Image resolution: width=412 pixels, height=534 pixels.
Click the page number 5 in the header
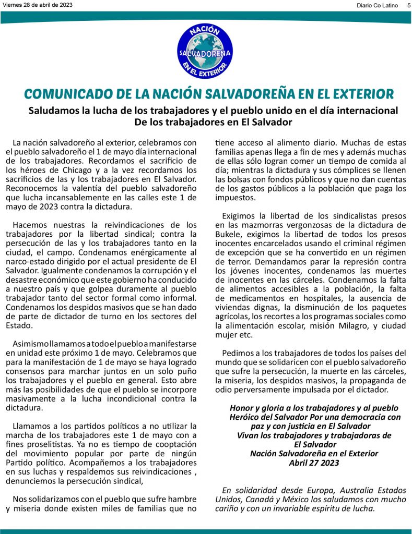point(407,5)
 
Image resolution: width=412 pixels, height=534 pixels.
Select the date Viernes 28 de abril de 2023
point(38,5)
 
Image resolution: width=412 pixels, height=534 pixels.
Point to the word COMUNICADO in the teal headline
point(69,94)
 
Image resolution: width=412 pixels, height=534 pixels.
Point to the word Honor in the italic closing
point(241,408)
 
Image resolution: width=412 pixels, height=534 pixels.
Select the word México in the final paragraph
point(300,500)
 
